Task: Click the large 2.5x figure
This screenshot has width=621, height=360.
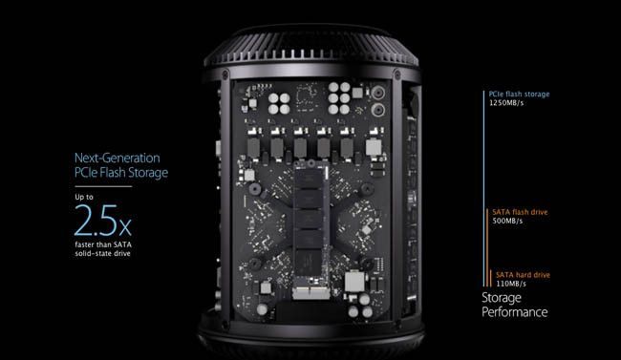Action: (102, 221)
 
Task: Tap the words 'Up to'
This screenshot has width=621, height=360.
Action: (84, 197)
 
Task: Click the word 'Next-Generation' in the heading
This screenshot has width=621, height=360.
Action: (118, 158)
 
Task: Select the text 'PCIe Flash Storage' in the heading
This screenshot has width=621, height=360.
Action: (121, 173)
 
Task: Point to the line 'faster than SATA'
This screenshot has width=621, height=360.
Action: (103, 244)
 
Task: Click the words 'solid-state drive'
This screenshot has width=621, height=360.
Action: (102, 253)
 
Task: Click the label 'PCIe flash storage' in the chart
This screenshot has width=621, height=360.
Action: (519, 95)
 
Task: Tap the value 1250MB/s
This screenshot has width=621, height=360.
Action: (506, 103)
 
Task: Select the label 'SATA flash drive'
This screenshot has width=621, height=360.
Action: (520, 212)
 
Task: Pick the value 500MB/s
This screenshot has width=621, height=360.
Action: (507, 221)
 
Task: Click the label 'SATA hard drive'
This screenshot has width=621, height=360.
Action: (523, 275)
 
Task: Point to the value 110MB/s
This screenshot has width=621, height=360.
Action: (511, 284)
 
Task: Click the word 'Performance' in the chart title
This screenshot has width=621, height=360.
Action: (514, 312)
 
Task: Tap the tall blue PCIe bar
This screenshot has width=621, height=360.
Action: (483, 188)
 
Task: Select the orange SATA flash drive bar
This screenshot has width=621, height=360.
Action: (487, 248)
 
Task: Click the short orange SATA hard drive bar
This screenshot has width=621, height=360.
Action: (491, 279)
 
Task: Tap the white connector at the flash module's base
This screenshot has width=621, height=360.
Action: (310, 293)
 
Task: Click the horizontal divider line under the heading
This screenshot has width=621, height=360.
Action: (103, 186)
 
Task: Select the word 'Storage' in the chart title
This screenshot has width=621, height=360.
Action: (502, 298)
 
